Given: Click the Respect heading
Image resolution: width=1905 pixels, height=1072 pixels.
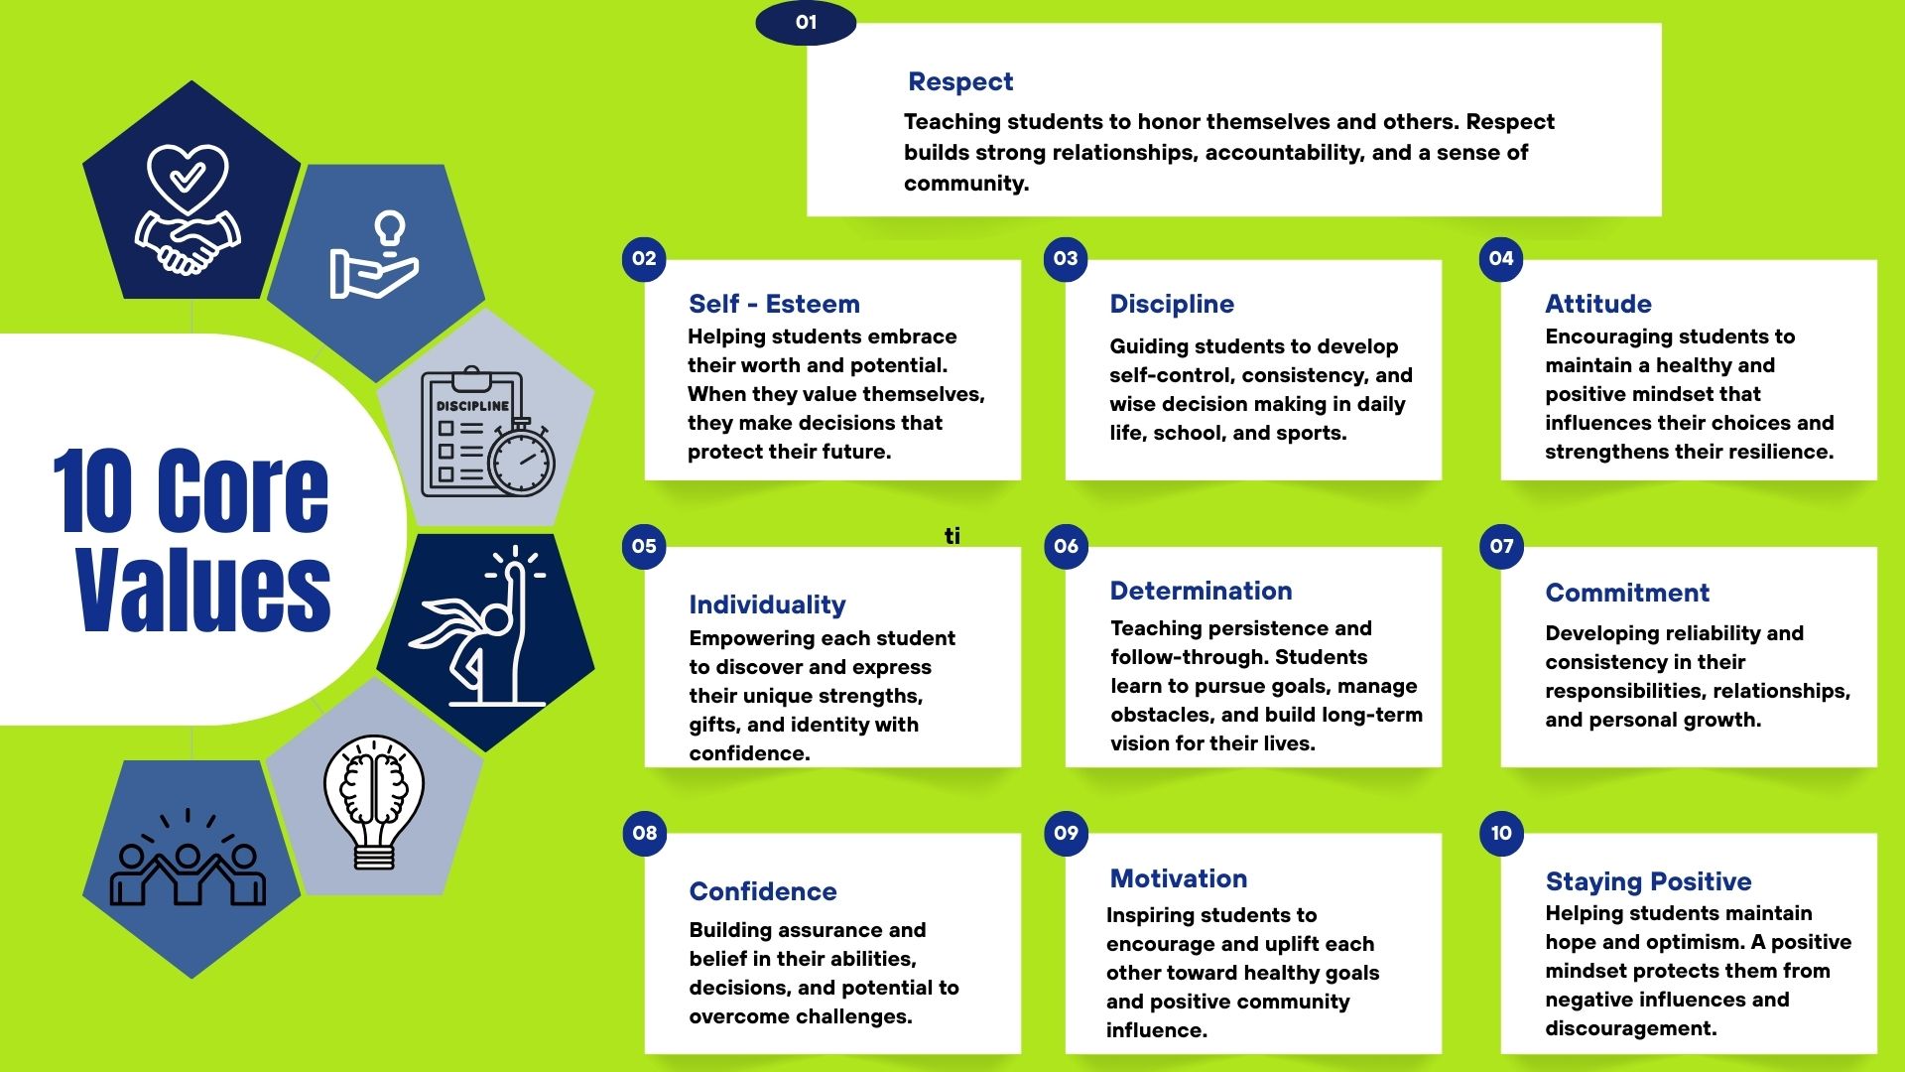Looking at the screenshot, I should point(959,81).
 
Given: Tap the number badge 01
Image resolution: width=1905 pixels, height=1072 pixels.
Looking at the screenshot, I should point(806,22).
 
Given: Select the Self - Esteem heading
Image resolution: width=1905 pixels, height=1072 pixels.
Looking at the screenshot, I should point(774,304).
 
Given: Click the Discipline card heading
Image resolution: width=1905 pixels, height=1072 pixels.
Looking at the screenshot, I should point(1172,304).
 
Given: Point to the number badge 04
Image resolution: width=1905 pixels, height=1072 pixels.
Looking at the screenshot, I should point(1501,259).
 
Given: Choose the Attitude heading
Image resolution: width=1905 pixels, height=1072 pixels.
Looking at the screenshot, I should point(1598,304).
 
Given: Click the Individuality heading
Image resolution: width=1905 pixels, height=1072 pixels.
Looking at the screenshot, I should point(767,604).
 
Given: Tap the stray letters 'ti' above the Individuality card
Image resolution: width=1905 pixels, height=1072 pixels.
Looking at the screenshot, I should point(952,536).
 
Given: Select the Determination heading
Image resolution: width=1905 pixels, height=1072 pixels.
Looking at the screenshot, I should point(1201,591).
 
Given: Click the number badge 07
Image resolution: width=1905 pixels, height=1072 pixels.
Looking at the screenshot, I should point(1501,546).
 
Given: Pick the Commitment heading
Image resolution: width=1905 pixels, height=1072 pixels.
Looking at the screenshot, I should point(1627,593).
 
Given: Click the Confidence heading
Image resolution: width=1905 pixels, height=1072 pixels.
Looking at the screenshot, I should point(763,891).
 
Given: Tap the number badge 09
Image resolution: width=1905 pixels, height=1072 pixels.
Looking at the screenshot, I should point(1066,833).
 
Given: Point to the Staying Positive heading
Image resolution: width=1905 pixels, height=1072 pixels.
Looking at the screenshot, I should point(1648,881).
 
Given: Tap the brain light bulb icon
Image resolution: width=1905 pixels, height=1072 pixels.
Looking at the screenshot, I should point(374,800).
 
